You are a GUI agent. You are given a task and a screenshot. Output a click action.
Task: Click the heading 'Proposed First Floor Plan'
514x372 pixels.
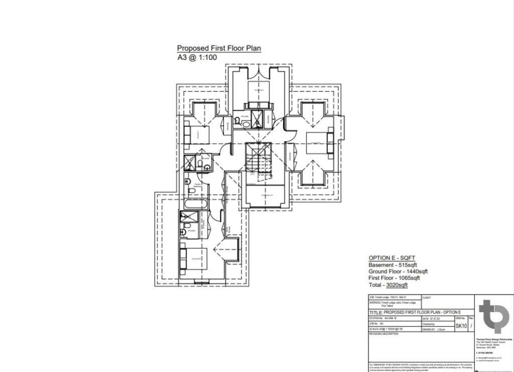click(x=219, y=48)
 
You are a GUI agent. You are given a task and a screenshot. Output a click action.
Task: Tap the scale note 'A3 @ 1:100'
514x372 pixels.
click(x=197, y=57)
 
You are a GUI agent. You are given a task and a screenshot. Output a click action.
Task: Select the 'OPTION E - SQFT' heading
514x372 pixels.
click(x=393, y=258)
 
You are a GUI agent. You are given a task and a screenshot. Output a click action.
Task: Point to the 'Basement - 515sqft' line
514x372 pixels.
click(x=393, y=265)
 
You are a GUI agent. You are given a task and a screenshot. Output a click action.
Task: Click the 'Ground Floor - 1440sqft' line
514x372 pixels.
click(x=398, y=271)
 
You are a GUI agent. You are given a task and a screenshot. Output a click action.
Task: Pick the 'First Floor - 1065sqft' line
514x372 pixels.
click(x=394, y=278)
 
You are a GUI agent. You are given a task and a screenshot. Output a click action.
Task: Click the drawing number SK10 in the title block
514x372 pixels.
click(x=461, y=326)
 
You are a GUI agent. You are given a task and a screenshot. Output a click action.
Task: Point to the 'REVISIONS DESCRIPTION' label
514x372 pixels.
click(x=384, y=334)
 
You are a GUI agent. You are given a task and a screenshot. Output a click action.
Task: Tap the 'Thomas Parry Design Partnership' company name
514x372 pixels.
click(x=494, y=339)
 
